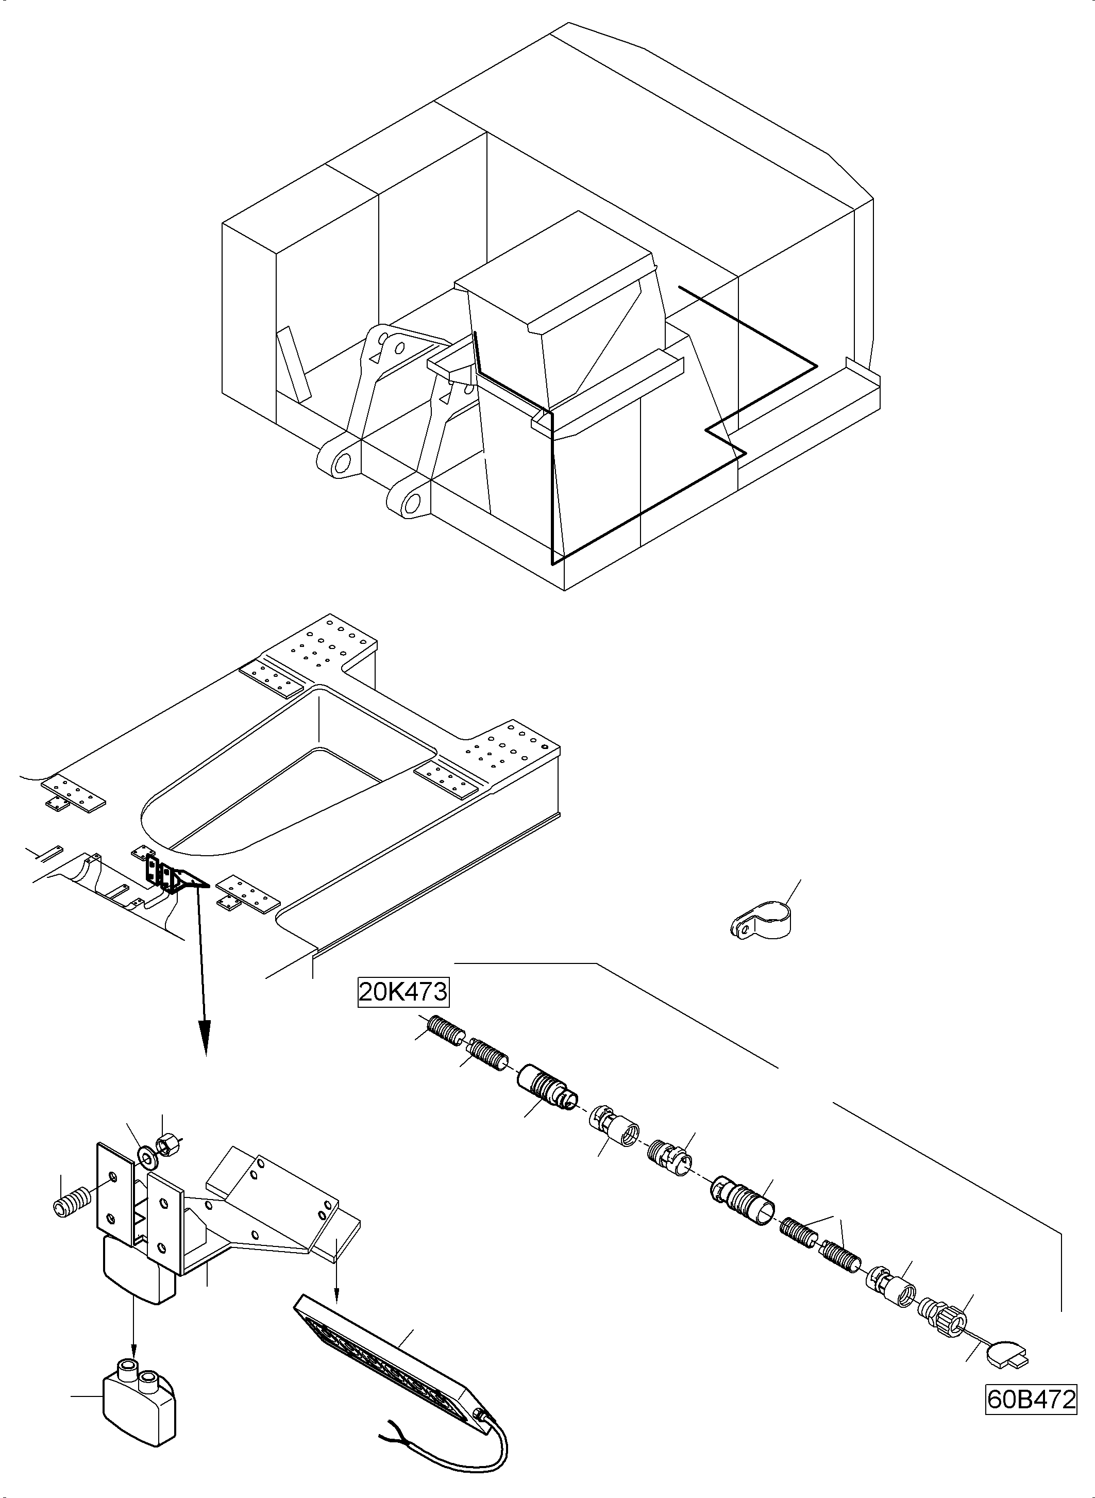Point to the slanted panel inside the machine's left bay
(x=293, y=364)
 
